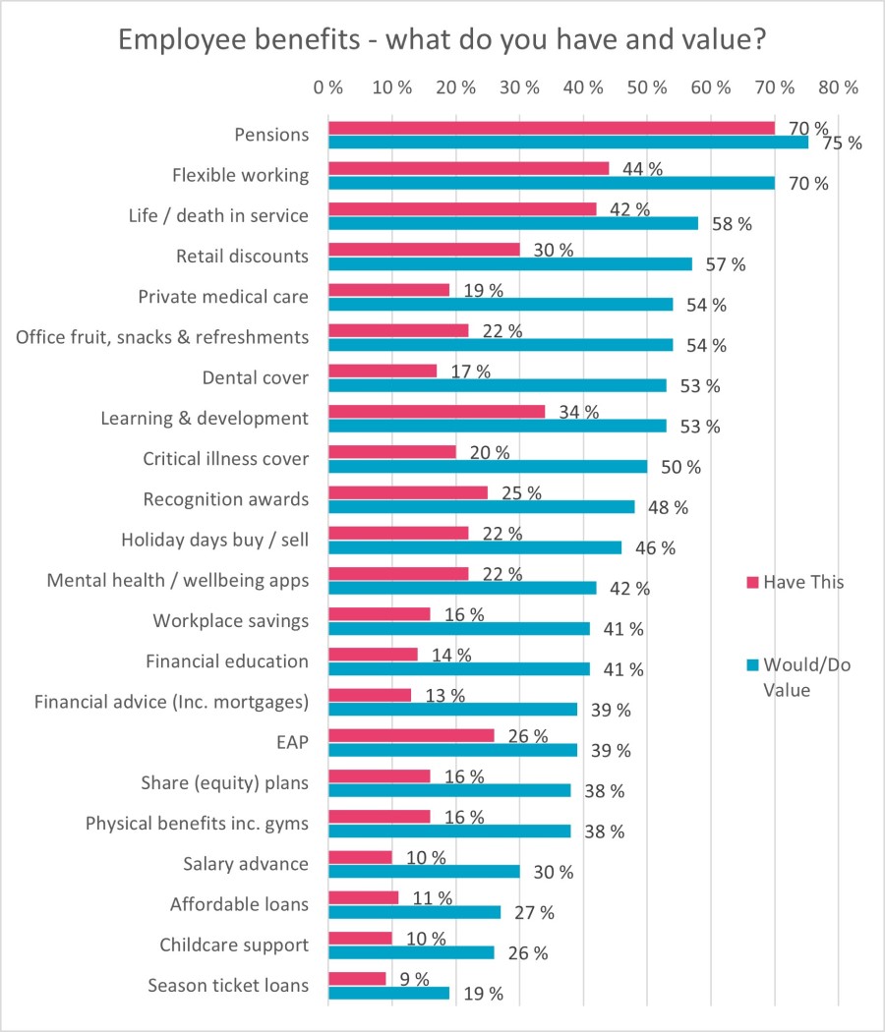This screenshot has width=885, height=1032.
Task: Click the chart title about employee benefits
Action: (442, 41)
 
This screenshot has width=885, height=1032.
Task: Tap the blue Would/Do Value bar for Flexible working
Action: (551, 183)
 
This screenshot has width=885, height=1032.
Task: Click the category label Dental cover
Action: (255, 377)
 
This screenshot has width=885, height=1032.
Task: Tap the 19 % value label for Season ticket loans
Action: (482, 994)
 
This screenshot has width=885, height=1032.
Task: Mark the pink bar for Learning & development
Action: (436, 412)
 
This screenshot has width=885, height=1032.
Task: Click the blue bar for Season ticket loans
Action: (388, 993)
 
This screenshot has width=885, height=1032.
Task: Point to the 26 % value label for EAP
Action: (526, 736)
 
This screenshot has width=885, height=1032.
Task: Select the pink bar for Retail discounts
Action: (424, 250)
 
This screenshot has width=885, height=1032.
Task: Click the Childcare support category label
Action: (234, 946)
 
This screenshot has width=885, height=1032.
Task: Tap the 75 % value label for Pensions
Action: (841, 143)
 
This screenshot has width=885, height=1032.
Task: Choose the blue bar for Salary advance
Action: (424, 871)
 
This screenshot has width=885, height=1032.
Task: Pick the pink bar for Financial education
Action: (373, 655)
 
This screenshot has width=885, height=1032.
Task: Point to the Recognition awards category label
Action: (225, 499)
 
